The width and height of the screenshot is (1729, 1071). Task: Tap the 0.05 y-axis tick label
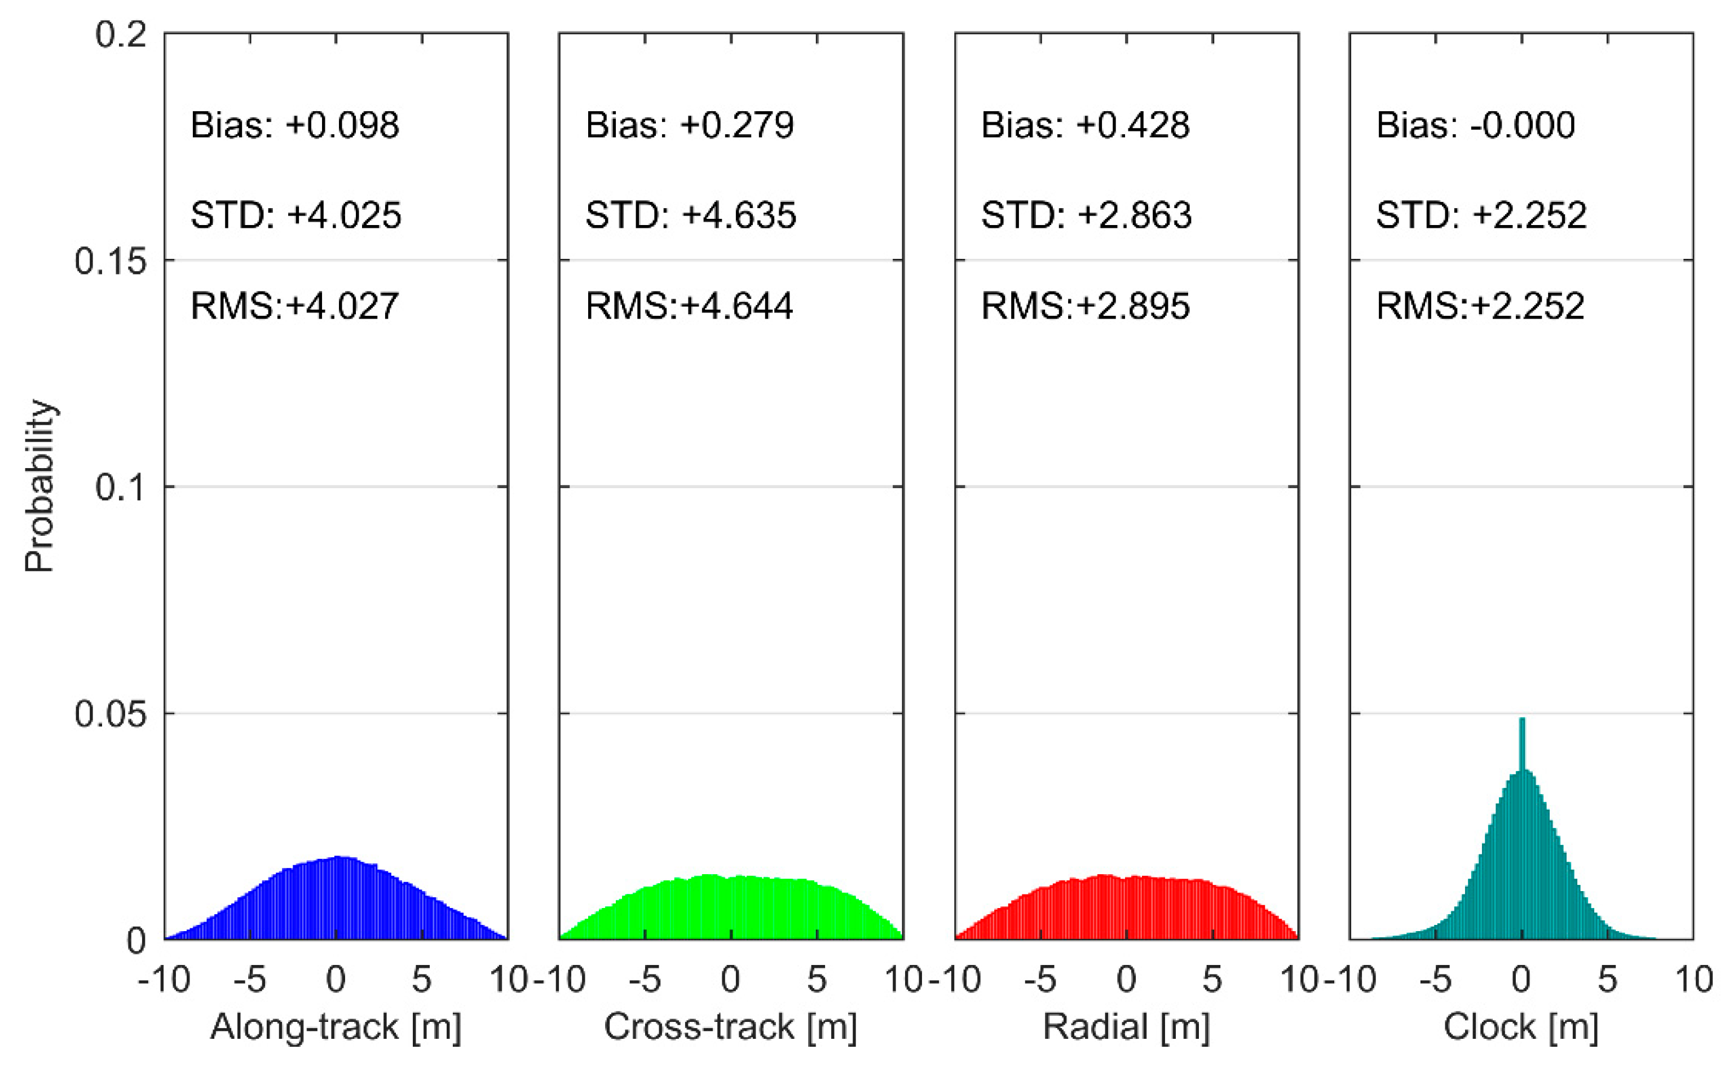[110, 713]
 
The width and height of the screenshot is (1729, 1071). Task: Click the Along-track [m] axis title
[336, 1026]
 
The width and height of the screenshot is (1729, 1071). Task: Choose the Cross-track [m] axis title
[730, 1026]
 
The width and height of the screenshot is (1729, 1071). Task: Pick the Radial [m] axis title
[1126, 1026]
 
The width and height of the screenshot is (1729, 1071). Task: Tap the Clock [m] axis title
[1521, 1026]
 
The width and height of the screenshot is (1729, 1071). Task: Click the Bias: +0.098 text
[295, 125]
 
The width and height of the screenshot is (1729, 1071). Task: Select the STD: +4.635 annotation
[691, 215]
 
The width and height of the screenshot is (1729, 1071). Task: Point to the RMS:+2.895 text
[1085, 306]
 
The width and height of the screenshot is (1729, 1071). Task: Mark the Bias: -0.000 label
[1475, 125]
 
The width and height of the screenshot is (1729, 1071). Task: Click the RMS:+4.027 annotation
[295, 306]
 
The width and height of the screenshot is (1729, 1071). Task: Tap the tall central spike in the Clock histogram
[1521, 744]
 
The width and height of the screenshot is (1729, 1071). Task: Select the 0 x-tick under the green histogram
[730, 979]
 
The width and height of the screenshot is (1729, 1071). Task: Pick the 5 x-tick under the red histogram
[1212, 979]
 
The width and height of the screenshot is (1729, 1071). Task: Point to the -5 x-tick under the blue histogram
[249, 979]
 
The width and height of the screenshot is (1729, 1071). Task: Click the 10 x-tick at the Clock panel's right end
[1693, 979]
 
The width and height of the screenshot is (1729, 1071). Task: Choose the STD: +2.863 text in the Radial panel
[1086, 215]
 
